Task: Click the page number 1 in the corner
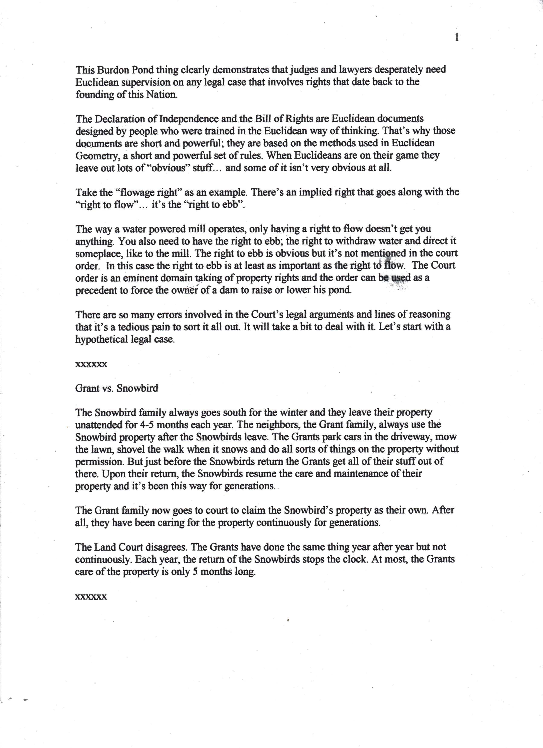point(457,38)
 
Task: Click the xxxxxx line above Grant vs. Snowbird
point(91,365)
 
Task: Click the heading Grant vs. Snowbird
point(117,388)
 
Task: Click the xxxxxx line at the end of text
point(91,597)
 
